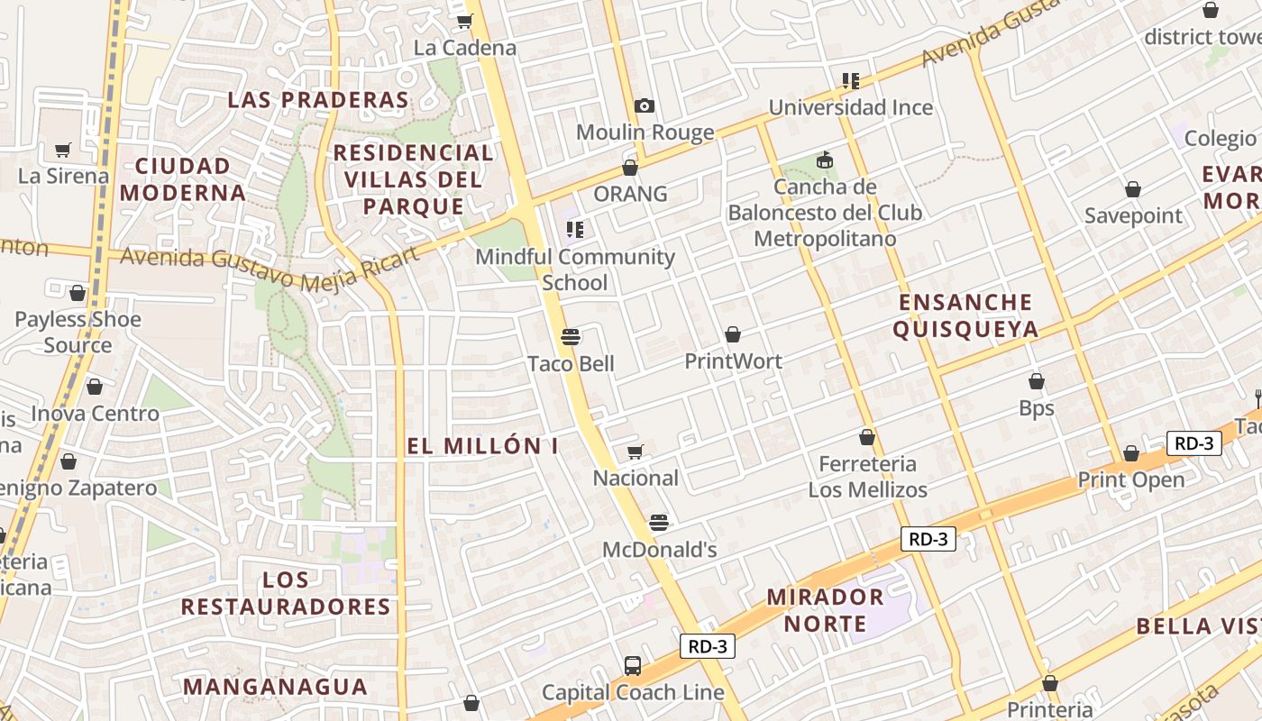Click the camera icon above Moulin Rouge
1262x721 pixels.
(644, 106)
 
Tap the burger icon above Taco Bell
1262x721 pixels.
(570, 337)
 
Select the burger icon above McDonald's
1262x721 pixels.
(659, 523)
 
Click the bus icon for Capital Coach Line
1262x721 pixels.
(633, 666)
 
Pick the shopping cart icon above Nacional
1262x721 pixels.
(636, 452)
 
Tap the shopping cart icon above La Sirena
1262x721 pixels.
(63, 150)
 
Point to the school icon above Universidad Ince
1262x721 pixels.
(850, 81)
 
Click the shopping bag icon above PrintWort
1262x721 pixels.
(733, 334)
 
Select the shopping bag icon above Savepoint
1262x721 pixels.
(1133, 189)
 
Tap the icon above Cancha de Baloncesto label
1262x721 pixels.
(824, 160)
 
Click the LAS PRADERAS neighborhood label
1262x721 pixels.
(318, 100)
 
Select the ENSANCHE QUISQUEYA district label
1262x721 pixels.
(965, 315)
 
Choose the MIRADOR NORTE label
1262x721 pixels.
(825, 610)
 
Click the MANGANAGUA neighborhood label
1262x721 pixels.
(275, 687)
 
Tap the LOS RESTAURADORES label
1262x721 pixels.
(286, 593)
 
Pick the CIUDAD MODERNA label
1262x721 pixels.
(183, 179)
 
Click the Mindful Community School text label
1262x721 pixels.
(575, 269)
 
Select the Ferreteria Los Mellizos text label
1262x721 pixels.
(867, 477)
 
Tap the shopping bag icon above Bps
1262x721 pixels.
(1037, 381)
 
